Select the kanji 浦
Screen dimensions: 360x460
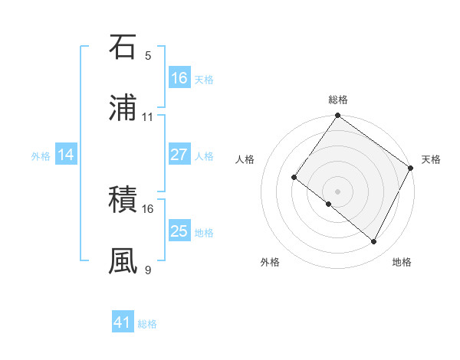coord(123,108)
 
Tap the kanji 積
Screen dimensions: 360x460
coord(123,200)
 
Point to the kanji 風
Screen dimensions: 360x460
coord(123,261)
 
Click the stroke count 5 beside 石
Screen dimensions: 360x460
coord(148,56)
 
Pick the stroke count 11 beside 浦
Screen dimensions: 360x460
coord(148,117)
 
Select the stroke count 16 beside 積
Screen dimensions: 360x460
coord(148,208)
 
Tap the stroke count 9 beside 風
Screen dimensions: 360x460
coord(148,270)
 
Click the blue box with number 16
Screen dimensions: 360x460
coord(179,78)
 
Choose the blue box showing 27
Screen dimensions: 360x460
coord(179,155)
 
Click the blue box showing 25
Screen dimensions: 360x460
coord(179,231)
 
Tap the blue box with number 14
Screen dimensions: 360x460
coord(66,155)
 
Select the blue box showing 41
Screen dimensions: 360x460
coord(123,322)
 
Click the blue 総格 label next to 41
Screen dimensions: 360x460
coord(147,324)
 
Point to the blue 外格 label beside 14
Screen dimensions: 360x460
coord(41,156)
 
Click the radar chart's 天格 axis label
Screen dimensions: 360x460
coord(431,159)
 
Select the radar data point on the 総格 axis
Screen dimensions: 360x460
coord(337,116)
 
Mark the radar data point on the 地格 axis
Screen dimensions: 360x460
coord(374,242)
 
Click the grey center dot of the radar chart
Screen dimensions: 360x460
coord(337,191)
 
